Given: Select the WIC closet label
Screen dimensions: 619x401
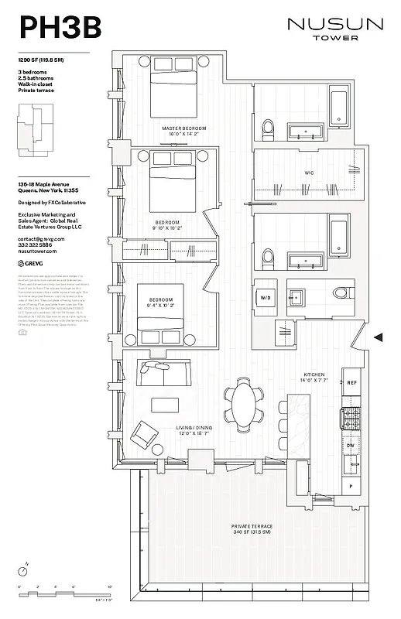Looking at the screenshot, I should point(309,172).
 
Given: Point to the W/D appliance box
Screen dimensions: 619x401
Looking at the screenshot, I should point(266,296).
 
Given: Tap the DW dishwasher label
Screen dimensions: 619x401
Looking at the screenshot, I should point(351,446).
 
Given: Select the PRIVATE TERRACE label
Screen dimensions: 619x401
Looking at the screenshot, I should point(252,528).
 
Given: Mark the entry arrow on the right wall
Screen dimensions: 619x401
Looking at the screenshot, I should point(379,337).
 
